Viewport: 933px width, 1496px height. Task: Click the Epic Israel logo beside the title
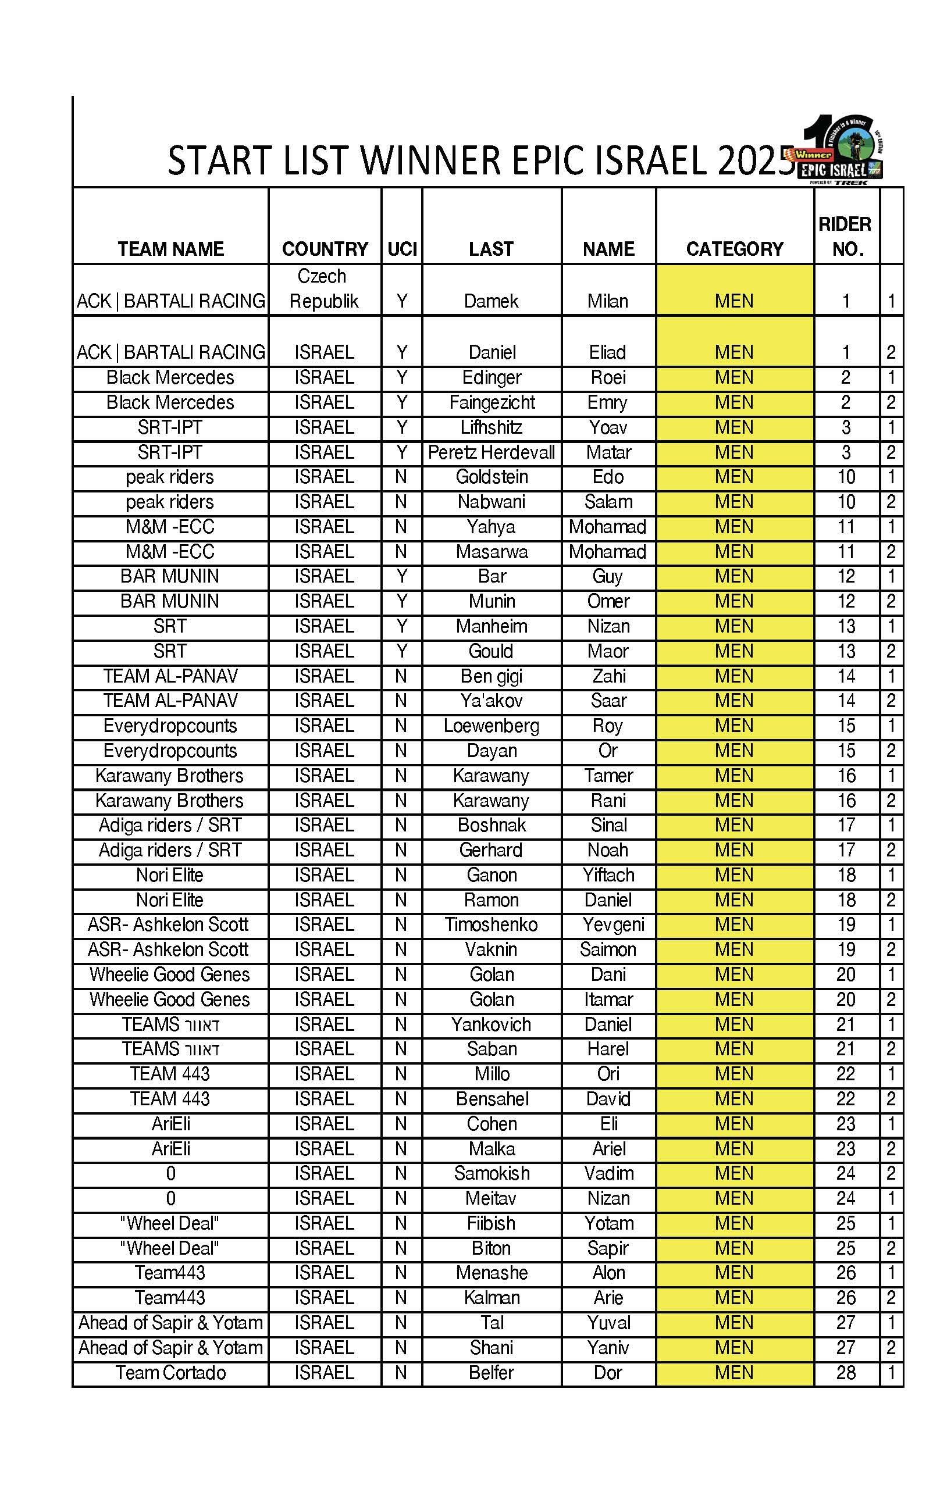pyautogui.click(x=842, y=151)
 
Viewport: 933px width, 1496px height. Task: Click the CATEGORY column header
pyautogui.click(x=734, y=249)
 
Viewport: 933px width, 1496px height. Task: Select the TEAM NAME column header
pyautogui.click(x=170, y=249)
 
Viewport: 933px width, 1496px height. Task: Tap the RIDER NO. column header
pyautogui.click(x=846, y=237)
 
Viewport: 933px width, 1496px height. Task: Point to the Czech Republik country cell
pyautogui.click(x=323, y=288)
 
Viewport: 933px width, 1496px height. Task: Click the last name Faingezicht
pyautogui.click(x=492, y=403)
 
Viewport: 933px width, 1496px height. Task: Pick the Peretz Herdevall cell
pyautogui.click(x=492, y=452)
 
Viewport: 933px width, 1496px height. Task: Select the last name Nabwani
pyautogui.click(x=492, y=502)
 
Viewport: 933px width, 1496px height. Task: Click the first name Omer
pyautogui.click(x=608, y=601)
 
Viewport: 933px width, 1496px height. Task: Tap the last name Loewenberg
pyautogui.click(x=492, y=726)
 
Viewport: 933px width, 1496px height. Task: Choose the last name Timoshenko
pyautogui.click(x=492, y=925)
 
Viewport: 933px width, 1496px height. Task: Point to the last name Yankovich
pyautogui.click(x=492, y=1024)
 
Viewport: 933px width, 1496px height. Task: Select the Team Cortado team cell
pyautogui.click(x=170, y=1373)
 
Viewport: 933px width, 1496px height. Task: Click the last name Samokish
pyautogui.click(x=492, y=1173)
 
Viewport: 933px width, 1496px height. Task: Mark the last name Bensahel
pyautogui.click(x=492, y=1099)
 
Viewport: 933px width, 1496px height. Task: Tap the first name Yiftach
pyautogui.click(x=608, y=875)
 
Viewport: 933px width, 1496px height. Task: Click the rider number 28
pyautogui.click(x=846, y=1373)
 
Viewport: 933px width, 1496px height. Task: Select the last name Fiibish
pyautogui.click(x=492, y=1223)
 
